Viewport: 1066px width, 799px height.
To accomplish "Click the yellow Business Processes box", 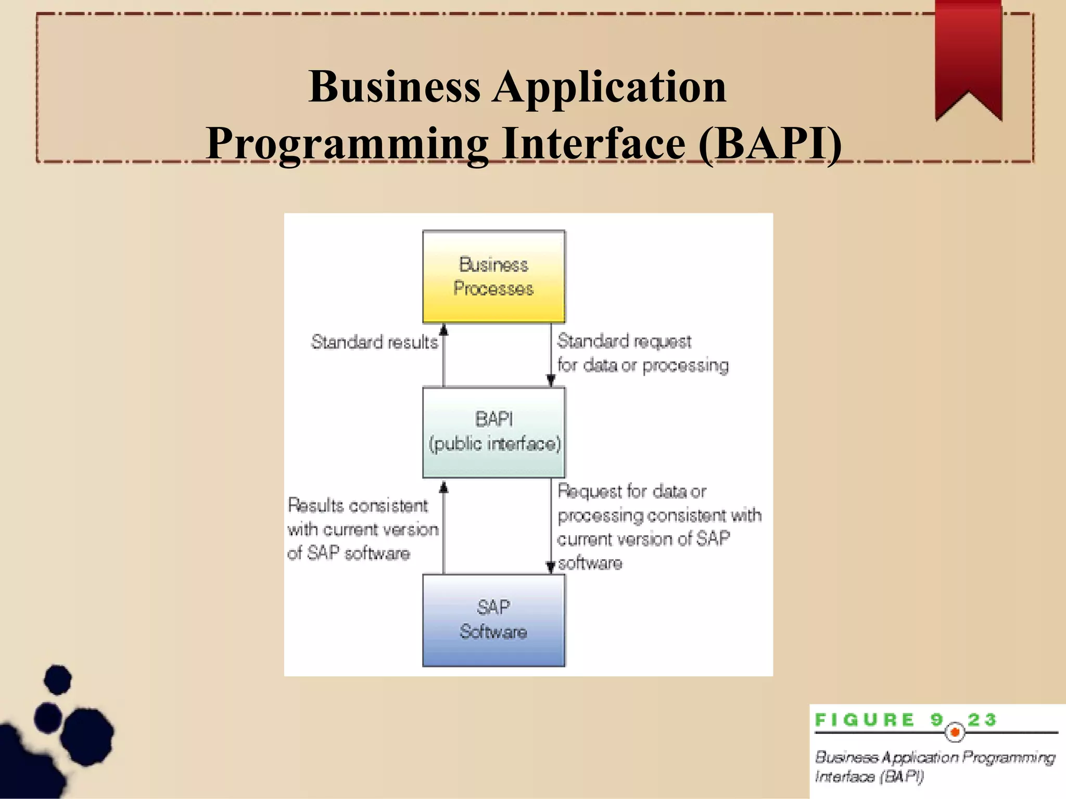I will (493, 277).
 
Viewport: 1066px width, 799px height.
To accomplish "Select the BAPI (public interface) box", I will (493, 432).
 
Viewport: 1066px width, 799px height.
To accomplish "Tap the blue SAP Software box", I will (493, 620).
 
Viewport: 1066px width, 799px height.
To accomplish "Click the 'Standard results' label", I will (374, 342).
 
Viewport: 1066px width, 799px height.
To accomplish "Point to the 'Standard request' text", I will (624, 341).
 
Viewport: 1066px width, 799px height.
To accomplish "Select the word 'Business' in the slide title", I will (394, 86).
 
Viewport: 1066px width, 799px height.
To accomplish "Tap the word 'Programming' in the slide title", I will (347, 144).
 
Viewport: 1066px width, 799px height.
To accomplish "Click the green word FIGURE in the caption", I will (865, 720).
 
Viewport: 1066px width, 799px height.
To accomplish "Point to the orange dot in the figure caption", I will (955, 732).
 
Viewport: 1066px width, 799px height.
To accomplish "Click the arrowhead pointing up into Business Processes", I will (443, 330).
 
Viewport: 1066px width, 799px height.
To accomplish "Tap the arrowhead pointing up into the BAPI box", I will (443, 487).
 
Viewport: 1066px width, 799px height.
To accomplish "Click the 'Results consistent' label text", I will (358, 506).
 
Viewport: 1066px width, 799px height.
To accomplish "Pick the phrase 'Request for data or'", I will (631, 491).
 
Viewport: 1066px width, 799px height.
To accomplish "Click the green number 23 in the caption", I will (982, 720).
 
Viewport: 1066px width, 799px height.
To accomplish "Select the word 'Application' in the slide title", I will (610, 86).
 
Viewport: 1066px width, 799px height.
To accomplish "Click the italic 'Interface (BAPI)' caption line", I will (869, 777).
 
